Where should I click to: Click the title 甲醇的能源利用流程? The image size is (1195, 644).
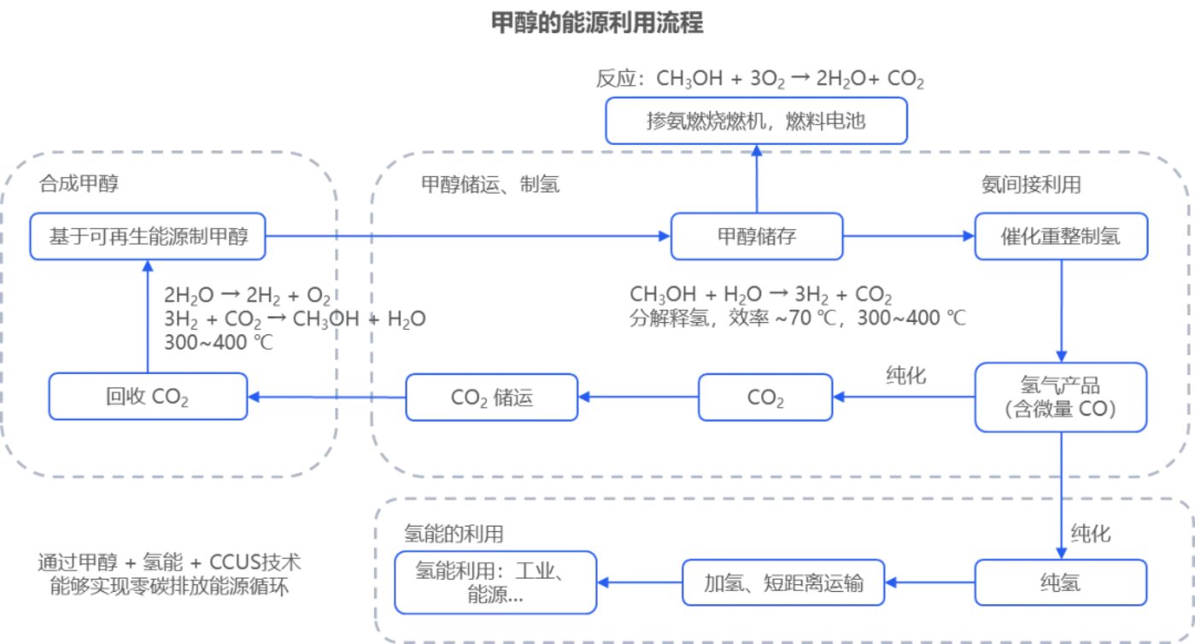[597, 23]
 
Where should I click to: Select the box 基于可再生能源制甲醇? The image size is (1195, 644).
[147, 236]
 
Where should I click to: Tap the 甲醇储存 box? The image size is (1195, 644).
[757, 237]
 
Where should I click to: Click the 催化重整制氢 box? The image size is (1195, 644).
[1060, 237]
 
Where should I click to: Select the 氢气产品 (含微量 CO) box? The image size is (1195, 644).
[1060, 396]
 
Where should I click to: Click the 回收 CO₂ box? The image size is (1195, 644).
[148, 396]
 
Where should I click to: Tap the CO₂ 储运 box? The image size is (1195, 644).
[491, 397]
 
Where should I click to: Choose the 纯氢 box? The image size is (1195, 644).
[1060, 583]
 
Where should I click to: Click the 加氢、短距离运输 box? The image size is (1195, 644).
[783, 583]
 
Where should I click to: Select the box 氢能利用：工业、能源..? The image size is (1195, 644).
[495, 583]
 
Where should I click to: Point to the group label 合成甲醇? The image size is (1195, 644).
[77, 184]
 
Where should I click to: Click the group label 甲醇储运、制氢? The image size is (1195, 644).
[490, 184]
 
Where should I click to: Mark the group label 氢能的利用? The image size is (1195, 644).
[453, 534]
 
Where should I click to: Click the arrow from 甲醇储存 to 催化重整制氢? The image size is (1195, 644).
[909, 237]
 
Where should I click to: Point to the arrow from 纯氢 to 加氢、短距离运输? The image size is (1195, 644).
[930, 583]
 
